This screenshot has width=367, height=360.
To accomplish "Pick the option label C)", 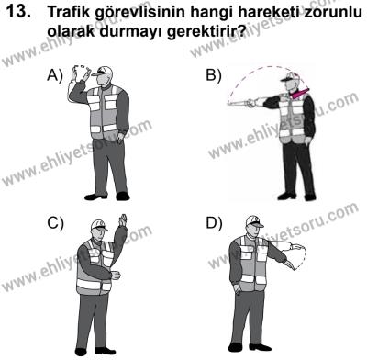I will pos(57,223).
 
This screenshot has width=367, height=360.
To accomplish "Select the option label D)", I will pos(214,223).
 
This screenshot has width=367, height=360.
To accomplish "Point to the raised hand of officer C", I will pos(123,221).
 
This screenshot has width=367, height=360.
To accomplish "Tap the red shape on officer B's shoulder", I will pos(299,92).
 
